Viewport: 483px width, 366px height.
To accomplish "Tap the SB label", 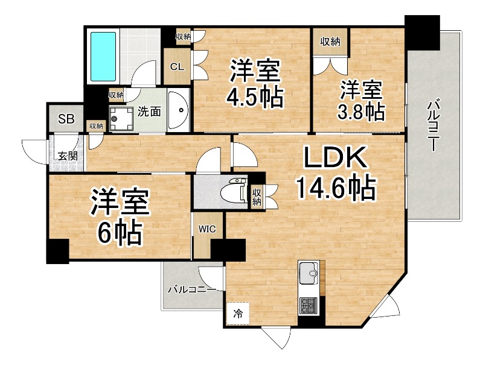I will (66, 119).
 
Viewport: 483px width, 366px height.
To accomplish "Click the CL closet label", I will (177, 66).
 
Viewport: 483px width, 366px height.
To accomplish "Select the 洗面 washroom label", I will (149, 111).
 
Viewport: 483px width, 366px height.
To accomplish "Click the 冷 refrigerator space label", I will (238, 313).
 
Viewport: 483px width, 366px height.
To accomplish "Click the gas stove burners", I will (310, 306).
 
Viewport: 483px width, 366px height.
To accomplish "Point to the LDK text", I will (334, 160).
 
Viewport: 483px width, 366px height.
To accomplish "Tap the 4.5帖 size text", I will (254, 96).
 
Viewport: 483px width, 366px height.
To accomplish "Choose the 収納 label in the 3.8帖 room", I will (330, 42).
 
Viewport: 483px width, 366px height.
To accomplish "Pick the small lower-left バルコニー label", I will (192, 290).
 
